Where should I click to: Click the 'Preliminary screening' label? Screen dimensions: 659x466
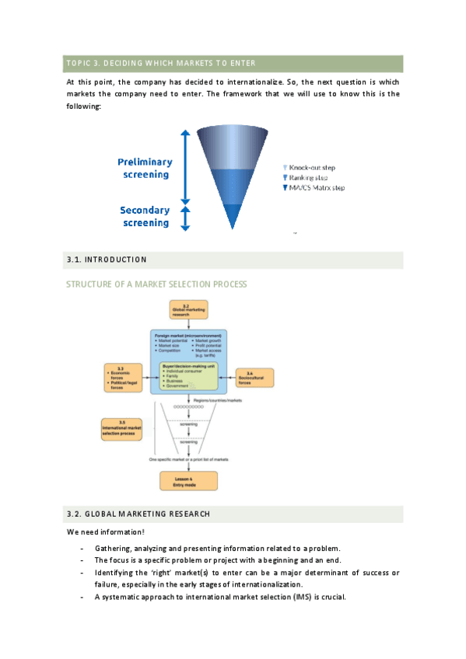pos(145,168)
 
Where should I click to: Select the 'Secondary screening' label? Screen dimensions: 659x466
pos(145,216)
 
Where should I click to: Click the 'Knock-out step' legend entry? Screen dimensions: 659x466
pos(311,167)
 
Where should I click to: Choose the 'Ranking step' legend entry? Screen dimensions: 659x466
pos(307,177)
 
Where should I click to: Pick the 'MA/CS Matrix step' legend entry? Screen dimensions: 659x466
pos(315,188)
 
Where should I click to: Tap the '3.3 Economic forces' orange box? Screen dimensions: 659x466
pos(124,376)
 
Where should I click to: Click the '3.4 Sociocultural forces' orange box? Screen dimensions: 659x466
pos(254,377)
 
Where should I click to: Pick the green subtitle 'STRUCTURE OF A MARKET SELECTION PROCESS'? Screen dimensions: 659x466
pos(156,284)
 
